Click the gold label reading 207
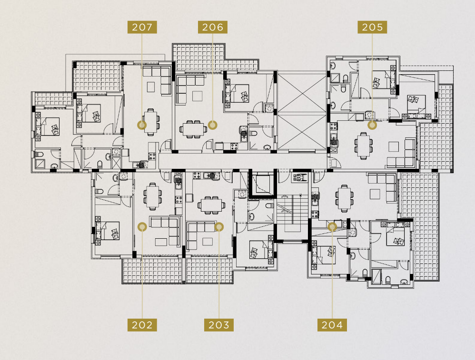pyautogui.click(x=142, y=27)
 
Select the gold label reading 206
pyautogui.click(x=213, y=27)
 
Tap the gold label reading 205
pyautogui.click(x=372, y=27)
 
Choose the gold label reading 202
pyautogui.click(x=142, y=325)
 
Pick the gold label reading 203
pyautogui.click(x=219, y=325)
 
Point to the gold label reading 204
pyautogui.click(x=332, y=325)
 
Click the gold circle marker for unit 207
pyautogui.click(x=142, y=125)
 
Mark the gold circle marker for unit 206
pyautogui.click(x=213, y=125)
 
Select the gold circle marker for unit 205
pyautogui.click(x=372, y=125)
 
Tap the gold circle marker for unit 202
pyautogui.click(x=142, y=227)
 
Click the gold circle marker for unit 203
pyautogui.click(x=219, y=227)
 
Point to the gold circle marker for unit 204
pyautogui.click(x=332, y=226)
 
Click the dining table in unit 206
pyautogui.click(x=193, y=129)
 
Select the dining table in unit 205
pyautogui.click(x=364, y=146)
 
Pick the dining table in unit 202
pyautogui.click(x=152, y=196)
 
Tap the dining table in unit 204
pyautogui.click(x=345, y=198)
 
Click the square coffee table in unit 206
pyautogui.click(x=197, y=96)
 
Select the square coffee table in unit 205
pyautogui.click(x=394, y=146)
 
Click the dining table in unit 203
pyautogui.click(x=211, y=205)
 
